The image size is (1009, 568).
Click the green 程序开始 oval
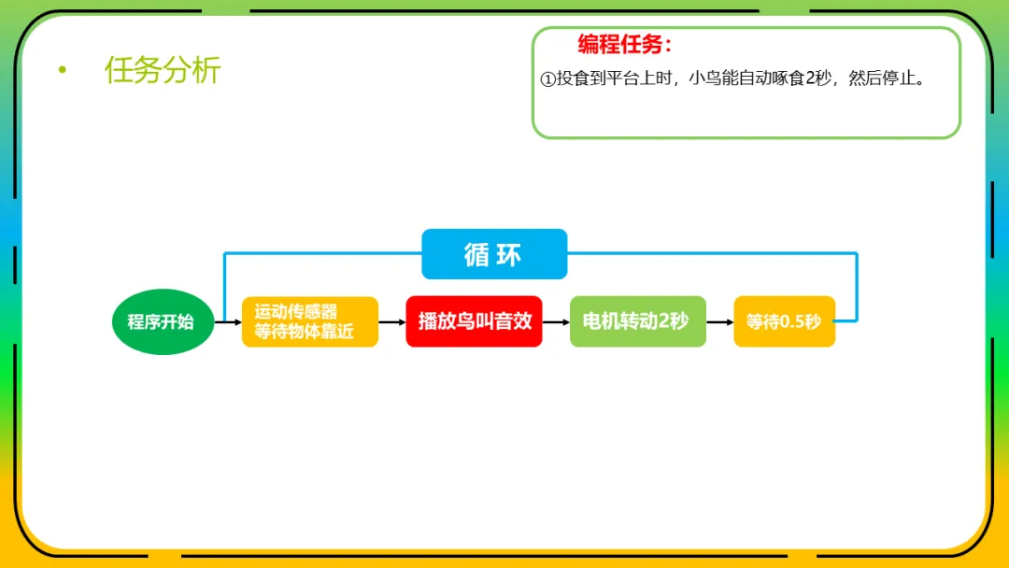coord(163,321)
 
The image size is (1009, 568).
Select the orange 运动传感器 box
coord(309,321)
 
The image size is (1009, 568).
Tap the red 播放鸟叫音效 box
coord(474,321)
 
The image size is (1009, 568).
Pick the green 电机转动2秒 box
coord(637,321)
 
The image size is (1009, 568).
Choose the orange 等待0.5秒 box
coord(784,321)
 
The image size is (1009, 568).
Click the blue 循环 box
coord(494,254)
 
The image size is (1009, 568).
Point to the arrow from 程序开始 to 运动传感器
coord(228,322)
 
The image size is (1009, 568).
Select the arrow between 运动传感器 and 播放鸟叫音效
coord(391,322)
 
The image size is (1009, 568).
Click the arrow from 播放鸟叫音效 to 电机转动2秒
coord(556,322)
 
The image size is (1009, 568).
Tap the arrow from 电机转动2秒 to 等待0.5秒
coord(719,322)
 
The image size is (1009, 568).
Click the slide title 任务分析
coord(163,70)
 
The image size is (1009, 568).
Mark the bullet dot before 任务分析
coord(63,70)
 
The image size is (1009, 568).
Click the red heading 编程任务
coord(624,44)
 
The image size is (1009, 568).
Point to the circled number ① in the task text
coord(548,79)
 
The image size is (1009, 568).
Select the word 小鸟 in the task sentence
coord(703,78)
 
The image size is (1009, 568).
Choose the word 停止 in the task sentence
coord(899,78)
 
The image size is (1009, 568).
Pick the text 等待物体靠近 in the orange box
coord(304,332)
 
